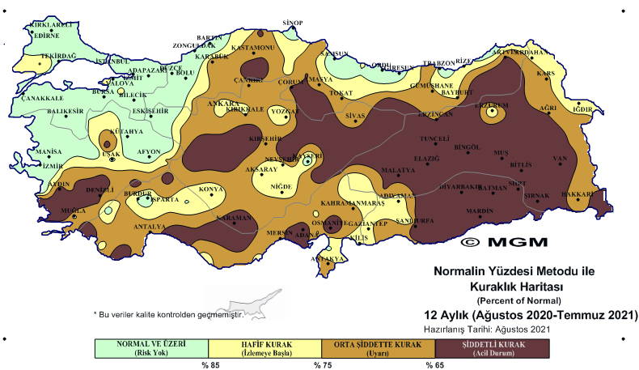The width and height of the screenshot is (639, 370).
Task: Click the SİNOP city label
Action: click(291, 23)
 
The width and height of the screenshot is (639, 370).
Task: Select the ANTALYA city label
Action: click(150, 226)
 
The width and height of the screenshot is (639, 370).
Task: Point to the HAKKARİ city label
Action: click(599, 194)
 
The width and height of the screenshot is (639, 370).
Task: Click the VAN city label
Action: click(557, 158)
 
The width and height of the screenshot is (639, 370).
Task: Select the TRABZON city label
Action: click(440, 63)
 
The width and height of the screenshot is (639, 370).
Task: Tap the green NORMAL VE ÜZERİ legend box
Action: click(151, 347)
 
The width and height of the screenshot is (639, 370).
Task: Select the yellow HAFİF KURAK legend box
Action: click(264, 347)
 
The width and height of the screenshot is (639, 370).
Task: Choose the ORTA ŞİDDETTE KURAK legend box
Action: click(378, 347)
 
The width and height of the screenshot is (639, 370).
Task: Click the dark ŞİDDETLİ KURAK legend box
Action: click(491, 347)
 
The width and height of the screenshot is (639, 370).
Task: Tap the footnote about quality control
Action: click(168, 313)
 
